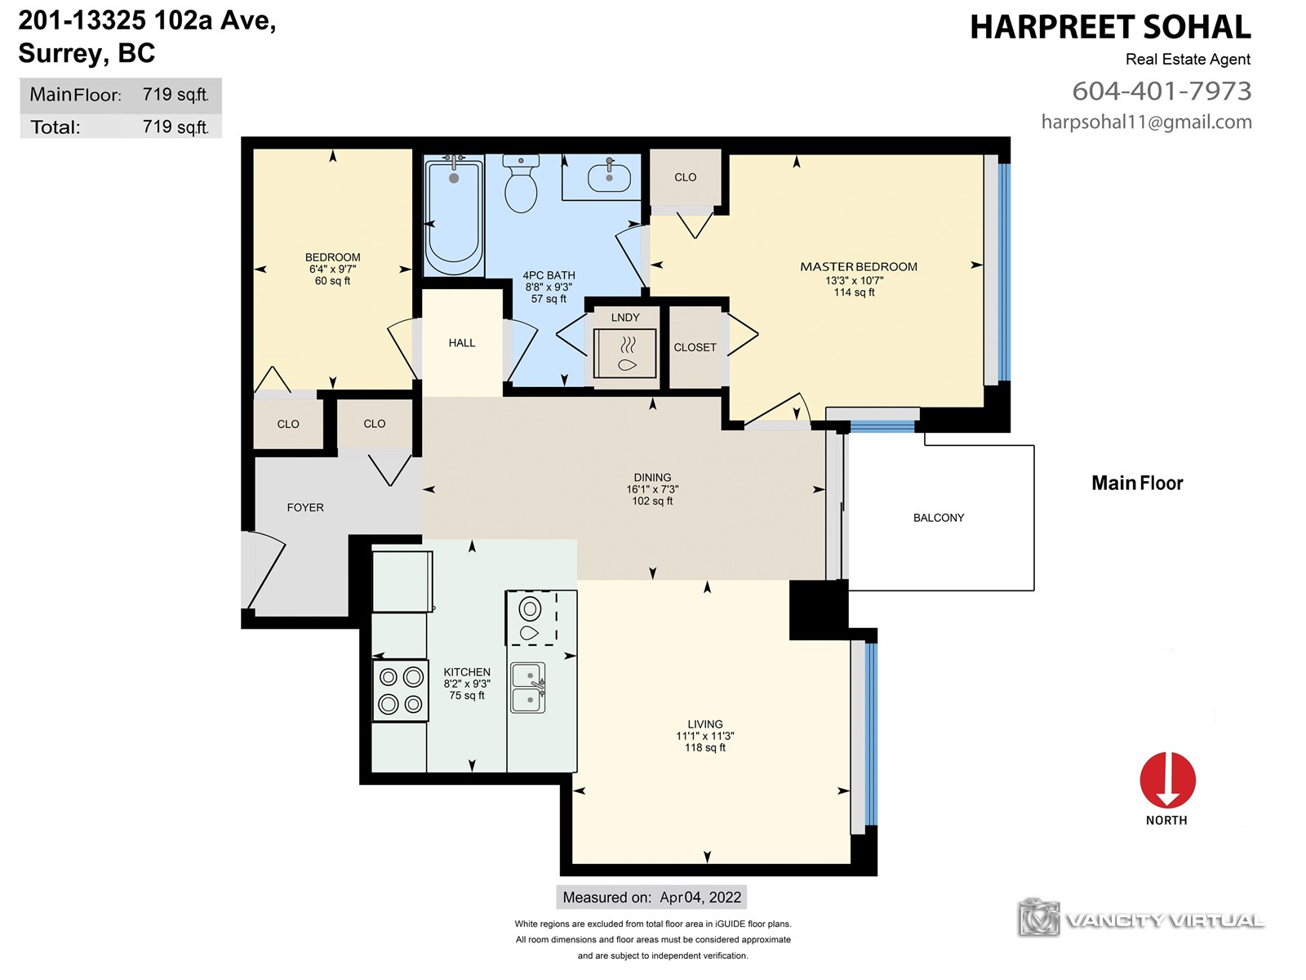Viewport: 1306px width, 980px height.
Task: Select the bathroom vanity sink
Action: point(609,176)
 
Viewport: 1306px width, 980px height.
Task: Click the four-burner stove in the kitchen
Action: point(401,690)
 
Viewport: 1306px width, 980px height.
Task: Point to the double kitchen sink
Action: point(528,688)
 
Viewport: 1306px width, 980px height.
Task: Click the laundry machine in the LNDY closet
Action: point(624,354)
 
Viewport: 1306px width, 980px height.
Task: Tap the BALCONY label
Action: point(939,518)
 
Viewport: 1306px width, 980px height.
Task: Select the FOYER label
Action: point(305,507)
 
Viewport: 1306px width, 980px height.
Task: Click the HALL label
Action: point(462,343)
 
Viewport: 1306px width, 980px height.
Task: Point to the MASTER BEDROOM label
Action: point(859,266)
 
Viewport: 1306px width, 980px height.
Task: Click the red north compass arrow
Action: point(1167,780)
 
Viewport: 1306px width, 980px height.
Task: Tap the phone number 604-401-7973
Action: point(1162,91)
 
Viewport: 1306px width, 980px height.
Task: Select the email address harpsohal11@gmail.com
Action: point(1147,122)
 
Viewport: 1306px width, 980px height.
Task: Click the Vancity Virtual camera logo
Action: point(1038,917)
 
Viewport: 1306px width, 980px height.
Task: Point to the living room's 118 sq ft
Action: point(705,747)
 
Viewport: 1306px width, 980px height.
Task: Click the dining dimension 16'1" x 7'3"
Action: point(652,489)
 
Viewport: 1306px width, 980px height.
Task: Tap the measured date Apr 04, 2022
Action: point(700,898)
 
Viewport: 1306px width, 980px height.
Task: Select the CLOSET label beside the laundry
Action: point(695,347)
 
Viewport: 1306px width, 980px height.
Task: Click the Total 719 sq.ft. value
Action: point(175,126)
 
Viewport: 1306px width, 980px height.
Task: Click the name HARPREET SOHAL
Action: point(1110,28)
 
